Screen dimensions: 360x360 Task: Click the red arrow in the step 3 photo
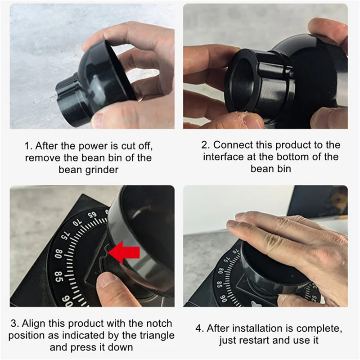(124, 252)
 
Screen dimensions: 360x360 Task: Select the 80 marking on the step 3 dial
(58, 254)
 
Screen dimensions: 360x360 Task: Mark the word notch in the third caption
(159, 324)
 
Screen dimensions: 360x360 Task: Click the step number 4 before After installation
(199, 328)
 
